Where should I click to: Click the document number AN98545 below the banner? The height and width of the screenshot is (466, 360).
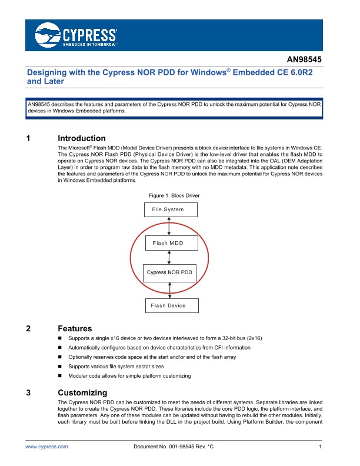pyautogui.click(x=305, y=59)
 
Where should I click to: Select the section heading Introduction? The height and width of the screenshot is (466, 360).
pyautogui.click(x=82, y=139)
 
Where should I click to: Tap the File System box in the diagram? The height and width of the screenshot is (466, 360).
pyautogui.click(x=171, y=209)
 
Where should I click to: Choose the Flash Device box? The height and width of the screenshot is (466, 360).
pyautogui.click(x=171, y=305)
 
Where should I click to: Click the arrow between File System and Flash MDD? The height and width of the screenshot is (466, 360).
pyautogui.click(x=169, y=225)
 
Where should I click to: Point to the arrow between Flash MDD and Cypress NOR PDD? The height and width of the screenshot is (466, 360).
pyautogui.click(x=169, y=258)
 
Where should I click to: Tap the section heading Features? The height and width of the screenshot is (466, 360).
pyautogui.click(x=75, y=329)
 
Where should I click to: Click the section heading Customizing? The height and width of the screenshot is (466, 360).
pyautogui.click(x=82, y=392)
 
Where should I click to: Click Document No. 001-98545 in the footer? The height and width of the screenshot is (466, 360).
pyautogui.click(x=174, y=448)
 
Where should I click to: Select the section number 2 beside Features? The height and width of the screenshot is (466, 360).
pyautogui.click(x=29, y=329)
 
